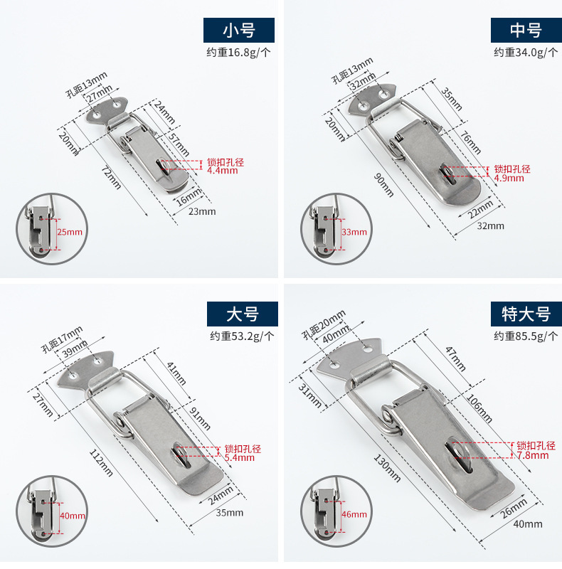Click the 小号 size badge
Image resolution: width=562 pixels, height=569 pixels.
click(x=239, y=31)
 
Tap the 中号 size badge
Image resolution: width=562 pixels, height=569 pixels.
click(x=526, y=31)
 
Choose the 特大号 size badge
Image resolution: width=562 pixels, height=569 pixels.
click(x=526, y=314)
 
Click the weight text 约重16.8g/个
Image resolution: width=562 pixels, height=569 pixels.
click(x=239, y=52)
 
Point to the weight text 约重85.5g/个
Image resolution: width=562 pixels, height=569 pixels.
click(x=526, y=336)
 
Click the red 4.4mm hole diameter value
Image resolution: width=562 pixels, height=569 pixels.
click(x=221, y=171)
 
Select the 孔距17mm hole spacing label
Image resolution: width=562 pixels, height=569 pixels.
click(x=62, y=338)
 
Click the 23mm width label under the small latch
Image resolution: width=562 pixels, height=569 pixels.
click(x=202, y=211)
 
